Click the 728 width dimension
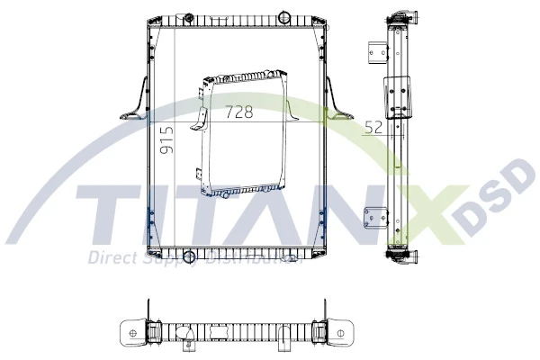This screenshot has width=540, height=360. pos(238,112)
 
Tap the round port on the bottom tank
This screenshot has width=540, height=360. pos(188,257)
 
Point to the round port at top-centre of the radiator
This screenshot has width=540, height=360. pos(283,17)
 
